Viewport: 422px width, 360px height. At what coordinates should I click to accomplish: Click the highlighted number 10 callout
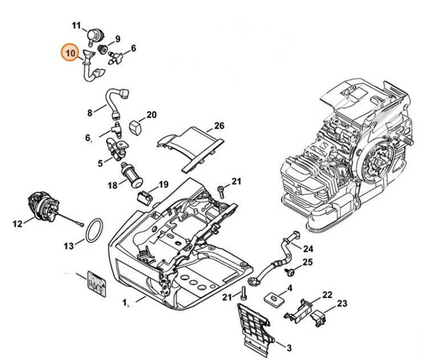(71, 52)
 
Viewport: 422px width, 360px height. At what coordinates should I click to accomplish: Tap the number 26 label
(219, 125)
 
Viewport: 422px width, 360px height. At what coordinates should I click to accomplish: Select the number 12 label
(18, 224)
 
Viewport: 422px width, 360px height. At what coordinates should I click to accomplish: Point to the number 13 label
(68, 246)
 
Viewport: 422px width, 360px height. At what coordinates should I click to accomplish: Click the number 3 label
(289, 348)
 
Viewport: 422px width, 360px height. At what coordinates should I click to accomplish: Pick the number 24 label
(308, 249)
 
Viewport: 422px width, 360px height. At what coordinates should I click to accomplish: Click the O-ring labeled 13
(94, 230)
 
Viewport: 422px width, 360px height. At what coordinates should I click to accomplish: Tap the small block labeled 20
(135, 127)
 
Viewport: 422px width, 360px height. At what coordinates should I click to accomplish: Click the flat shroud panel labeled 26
(190, 149)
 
